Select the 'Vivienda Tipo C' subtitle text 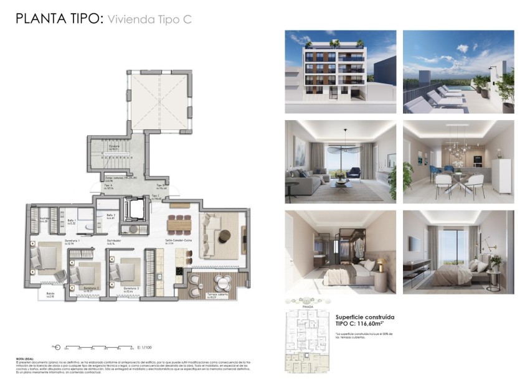149,19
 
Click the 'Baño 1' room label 72,221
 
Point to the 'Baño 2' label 111,216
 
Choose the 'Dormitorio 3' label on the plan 130,288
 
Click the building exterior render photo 340,72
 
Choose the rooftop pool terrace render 458,72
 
